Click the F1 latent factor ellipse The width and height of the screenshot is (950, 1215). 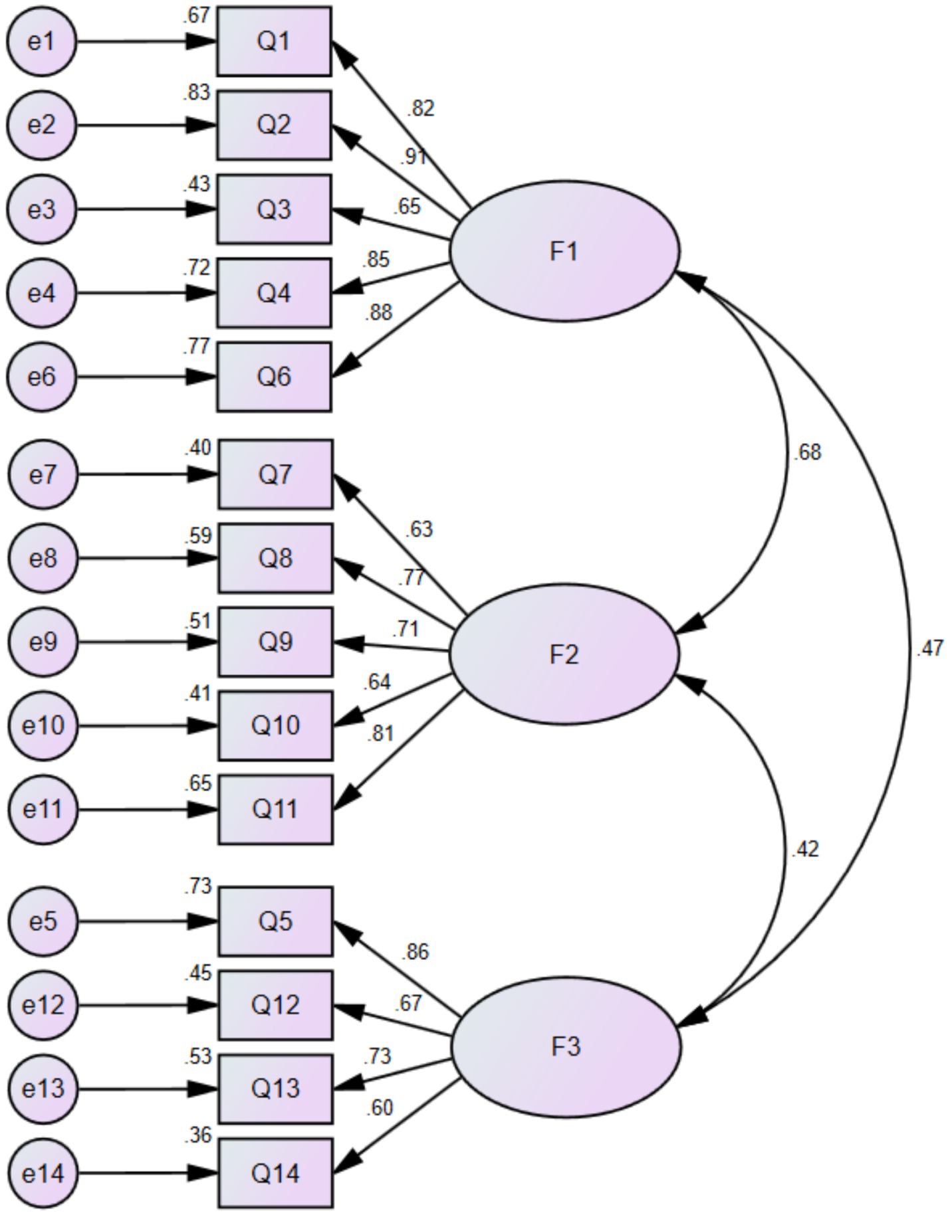pos(564,252)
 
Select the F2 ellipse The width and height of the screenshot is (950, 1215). pos(564,655)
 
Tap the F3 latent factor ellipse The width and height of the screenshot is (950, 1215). pos(566,1047)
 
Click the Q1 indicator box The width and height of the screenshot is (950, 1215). pos(274,42)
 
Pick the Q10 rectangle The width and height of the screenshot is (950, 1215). pos(275,725)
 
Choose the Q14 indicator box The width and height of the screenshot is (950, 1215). pos(275,1174)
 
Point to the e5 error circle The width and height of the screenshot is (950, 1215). pos(43,921)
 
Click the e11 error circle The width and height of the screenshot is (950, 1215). pos(43,810)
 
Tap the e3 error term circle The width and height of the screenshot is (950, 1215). pos(41,209)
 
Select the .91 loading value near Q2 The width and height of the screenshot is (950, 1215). pos(414,157)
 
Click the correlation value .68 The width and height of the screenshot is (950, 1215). pos(807,453)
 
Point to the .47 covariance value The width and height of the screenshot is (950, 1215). pos(929,648)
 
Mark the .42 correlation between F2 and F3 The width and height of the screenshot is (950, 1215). pos(805,850)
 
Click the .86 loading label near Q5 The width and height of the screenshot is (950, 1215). pos(416,952)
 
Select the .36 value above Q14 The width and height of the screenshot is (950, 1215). pos(197,1135)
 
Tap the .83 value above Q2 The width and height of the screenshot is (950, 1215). pos(197,93)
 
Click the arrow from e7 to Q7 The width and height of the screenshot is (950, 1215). pos(146,475)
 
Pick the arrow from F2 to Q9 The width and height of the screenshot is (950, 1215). pos(392,646)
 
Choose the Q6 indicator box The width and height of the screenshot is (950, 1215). pos(274,377)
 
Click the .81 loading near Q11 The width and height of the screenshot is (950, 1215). pos(380,733)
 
